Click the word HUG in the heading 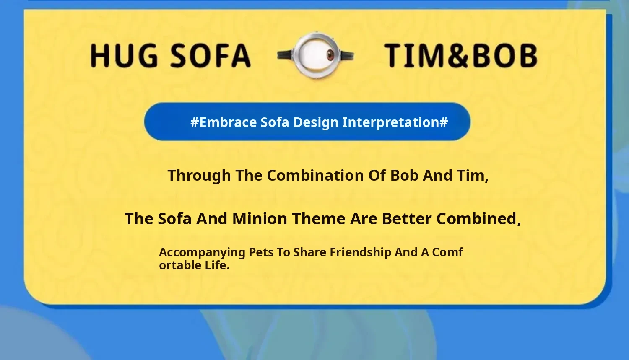tap(124, 56)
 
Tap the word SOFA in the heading tap(211, 56)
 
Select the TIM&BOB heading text tap(461, 56)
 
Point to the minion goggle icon tap(316, 55)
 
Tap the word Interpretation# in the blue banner tap(395, 123)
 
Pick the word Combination tap(315, 175)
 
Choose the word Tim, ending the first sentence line tap(473, 176)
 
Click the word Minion tap(260, 219)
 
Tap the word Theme tap(319, 219)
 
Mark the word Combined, tap(479, 219)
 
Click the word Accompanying tap(202, 253)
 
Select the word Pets tap(261, 253)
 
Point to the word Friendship tap(361, 253)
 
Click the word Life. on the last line tap(217, 265)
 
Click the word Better tap(407, 219)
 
